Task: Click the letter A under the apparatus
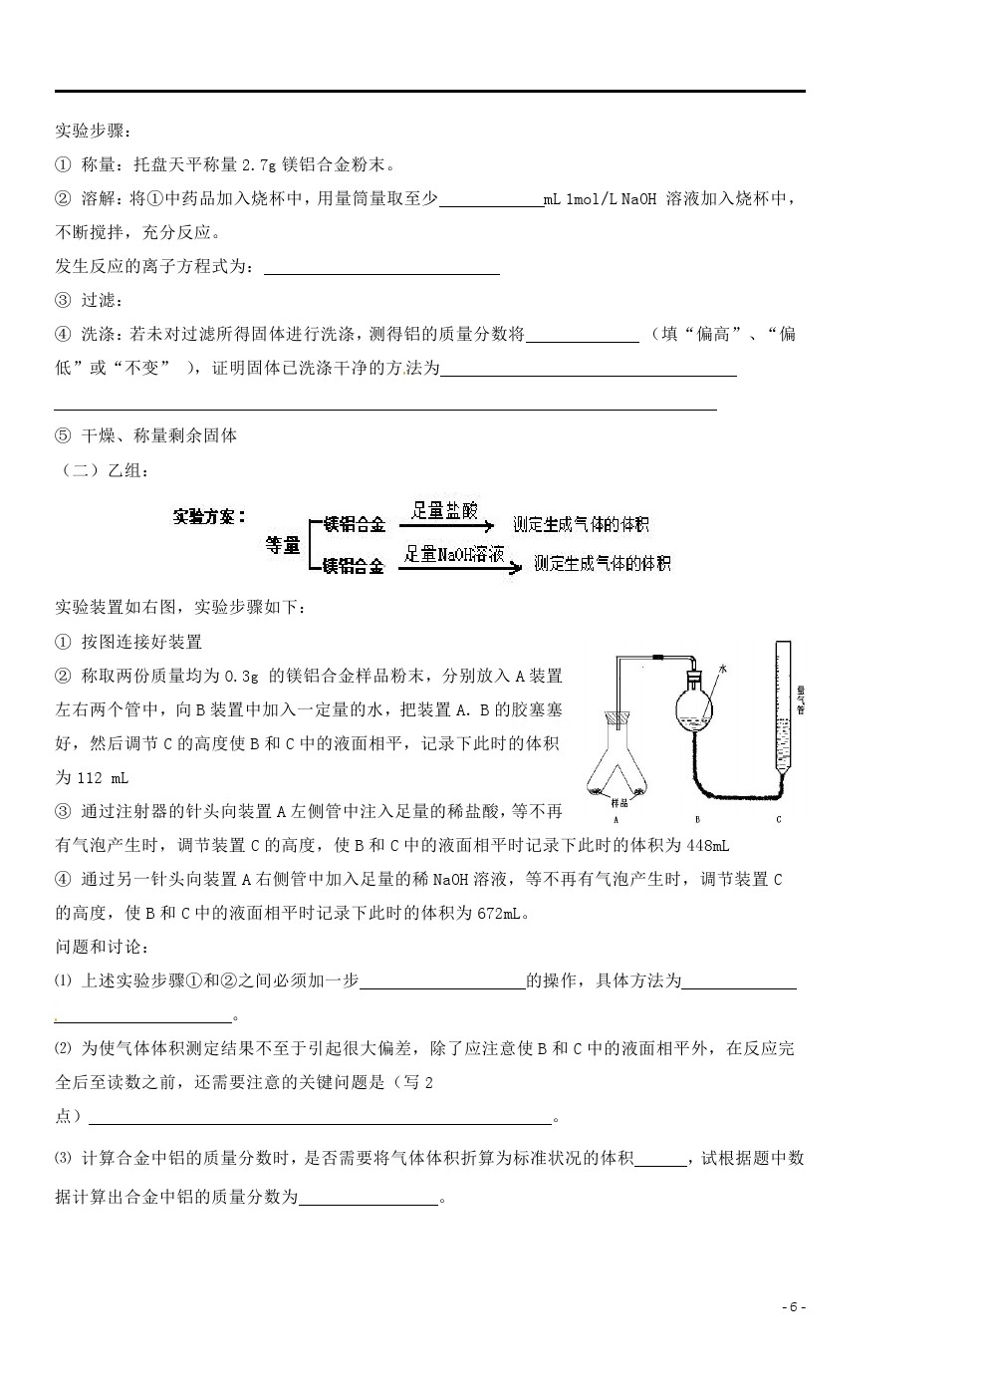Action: pos(617,820)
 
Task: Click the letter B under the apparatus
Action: pos(698,820)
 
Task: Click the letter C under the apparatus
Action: pos(778,820)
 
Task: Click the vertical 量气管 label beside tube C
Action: pos(800,698)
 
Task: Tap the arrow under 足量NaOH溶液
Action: pos(462,569)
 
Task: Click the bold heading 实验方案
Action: pos(208,516)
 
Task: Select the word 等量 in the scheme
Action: pos(282,545)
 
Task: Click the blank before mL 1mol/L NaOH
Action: pos(490,199)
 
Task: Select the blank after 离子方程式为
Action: pos(382,267)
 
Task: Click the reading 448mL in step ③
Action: pos(708,845)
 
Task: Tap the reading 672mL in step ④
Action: pos(503,913)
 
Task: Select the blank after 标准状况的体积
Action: pos(659,1158)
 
